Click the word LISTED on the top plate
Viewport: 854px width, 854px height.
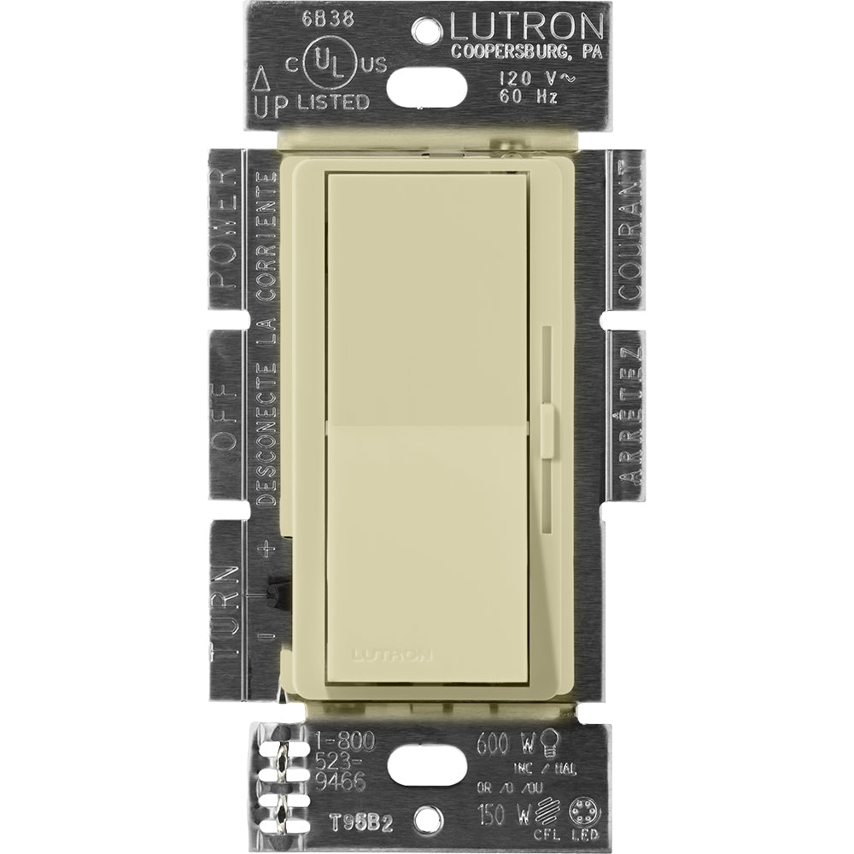pos(333,102)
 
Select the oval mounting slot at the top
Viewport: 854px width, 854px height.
pos(426,85)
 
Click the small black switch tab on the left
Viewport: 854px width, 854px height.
pos(275,588)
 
